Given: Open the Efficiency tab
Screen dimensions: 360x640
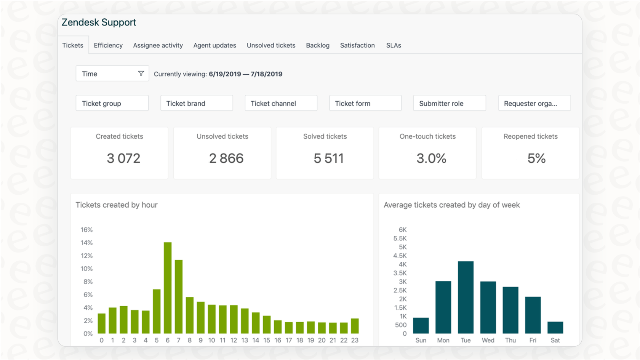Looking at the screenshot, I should [108, 45].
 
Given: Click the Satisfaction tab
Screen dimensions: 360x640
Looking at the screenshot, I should [357, 45].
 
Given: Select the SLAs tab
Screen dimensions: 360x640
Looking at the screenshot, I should [393, 45].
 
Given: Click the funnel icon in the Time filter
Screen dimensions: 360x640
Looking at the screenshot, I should [141, 74].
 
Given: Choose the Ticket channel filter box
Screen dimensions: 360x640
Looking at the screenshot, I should [281, 103].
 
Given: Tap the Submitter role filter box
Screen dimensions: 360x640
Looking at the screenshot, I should [449, 103].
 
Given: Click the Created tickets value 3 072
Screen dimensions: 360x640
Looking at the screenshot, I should [123, 158].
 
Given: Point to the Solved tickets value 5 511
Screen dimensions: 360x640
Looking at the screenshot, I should [328, 158].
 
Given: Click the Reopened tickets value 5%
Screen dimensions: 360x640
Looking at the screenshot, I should [536, 158].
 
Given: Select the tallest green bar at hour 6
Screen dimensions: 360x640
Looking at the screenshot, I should [168, 288].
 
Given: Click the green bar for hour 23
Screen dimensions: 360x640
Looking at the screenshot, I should [355, 326].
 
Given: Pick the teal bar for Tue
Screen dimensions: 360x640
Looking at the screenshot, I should [466, 297].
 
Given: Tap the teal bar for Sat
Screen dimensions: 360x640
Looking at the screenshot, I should [555, 327].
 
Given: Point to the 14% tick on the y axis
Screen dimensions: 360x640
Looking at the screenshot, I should [86, 243].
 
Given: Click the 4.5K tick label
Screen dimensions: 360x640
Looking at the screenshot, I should [400, 256].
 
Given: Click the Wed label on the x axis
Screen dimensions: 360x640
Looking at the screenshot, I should [488, 340].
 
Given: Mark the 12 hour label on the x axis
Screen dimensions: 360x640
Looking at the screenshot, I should [234, 340].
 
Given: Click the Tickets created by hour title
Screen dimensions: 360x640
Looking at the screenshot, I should [117, 205].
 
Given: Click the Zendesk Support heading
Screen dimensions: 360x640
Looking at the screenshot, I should [99, 22].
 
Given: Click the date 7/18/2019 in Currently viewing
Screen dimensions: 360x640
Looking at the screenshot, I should [266, 74].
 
